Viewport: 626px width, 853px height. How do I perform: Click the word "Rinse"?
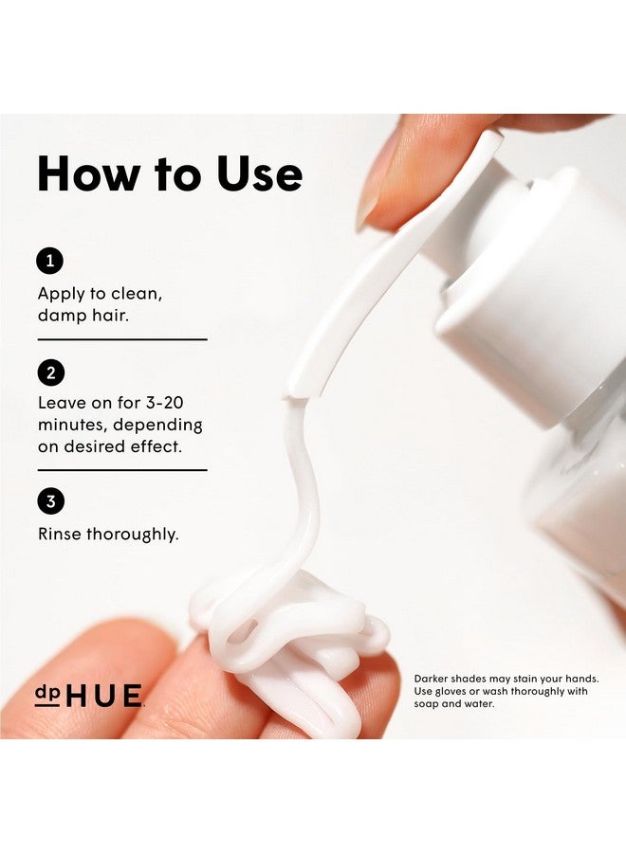60,534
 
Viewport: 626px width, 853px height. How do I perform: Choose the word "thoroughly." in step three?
133,535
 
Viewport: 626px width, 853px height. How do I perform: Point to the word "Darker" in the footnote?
433,679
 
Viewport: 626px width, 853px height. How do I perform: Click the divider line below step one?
121,338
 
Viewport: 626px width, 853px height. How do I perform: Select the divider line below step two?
121,469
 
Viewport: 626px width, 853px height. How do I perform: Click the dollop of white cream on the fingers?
285,635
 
